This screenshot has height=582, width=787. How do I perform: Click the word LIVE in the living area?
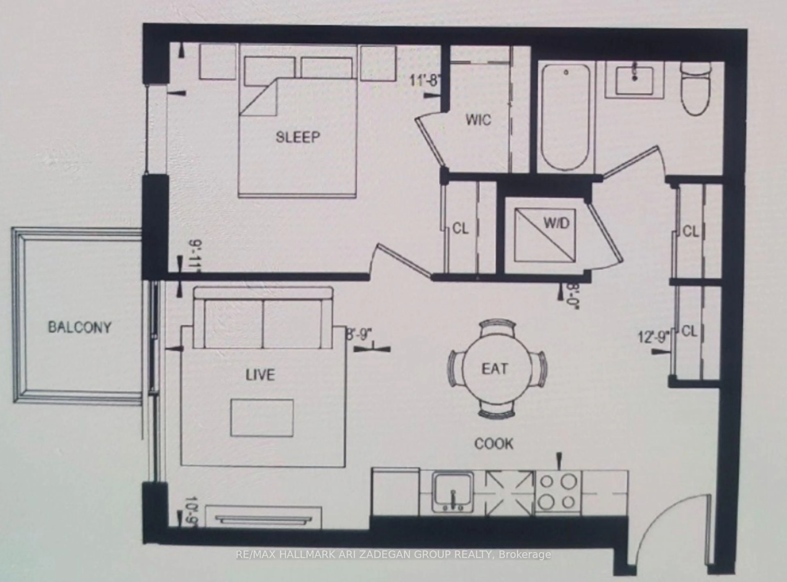pyautogui.click(x=260, y=375)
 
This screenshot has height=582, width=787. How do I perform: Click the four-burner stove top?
pyautogui.click(x=558, y=492)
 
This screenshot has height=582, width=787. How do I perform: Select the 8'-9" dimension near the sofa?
pyautogui.click(x=359, y=335)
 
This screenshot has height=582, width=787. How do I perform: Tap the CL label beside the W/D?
pyautogui.click(x=460, y=229)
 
